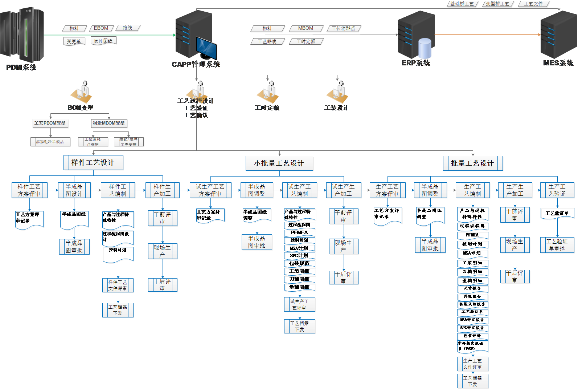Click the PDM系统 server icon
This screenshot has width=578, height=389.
tap(22, 35)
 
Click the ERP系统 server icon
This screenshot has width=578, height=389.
tap(416, 35)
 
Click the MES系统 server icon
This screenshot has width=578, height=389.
tap(558, 35)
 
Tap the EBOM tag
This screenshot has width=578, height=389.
tap(101, 28)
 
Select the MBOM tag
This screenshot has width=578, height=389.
tap(306, 28)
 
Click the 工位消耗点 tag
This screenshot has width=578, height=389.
tap(344, 28)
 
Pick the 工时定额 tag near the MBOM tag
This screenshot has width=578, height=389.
tap(306, 41)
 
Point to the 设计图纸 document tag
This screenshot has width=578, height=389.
tap(103, 41)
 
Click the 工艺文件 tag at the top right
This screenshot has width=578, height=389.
tap(533, 4)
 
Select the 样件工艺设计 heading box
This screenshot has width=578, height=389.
tap(93, 162)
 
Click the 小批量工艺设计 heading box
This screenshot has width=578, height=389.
tap(279, 163)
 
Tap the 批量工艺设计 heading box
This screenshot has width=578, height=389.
tap(472, 163)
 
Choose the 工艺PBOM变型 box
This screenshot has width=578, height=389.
tap(50, 123)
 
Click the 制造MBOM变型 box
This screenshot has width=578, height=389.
tap(109, 123)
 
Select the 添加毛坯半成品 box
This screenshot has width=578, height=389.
tap(50, 142)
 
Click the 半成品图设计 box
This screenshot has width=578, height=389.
tap(74, 190)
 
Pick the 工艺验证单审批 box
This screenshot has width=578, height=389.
tap(557, 245)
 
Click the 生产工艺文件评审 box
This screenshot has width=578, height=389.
tap(472, 364)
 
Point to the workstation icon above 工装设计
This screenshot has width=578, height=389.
tap(337, 92)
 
